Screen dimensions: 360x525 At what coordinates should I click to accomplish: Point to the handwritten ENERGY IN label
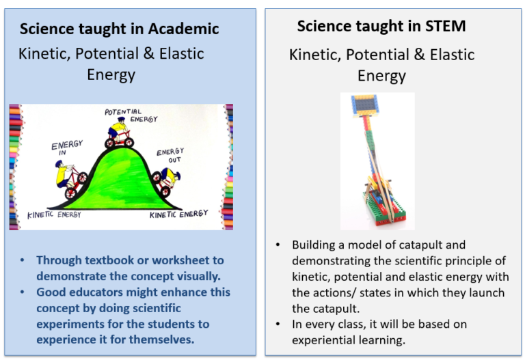(x=67, y=149)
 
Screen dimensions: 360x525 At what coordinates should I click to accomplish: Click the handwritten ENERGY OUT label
(x=170, y=156)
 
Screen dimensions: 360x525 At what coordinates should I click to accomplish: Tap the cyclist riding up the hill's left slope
(x=71, y=180)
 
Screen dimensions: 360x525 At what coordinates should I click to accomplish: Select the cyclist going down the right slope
(x=167, y=181)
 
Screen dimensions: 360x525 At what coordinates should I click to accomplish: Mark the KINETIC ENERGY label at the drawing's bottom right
(x=179, y=214)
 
